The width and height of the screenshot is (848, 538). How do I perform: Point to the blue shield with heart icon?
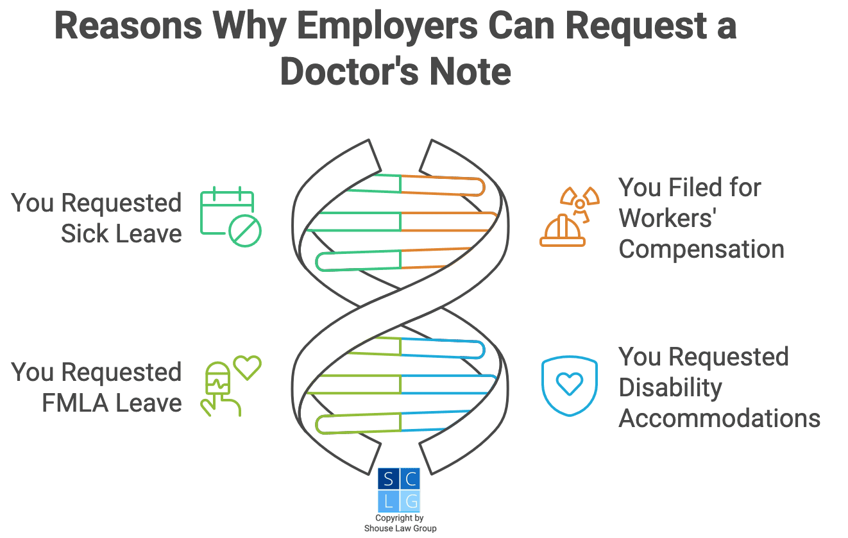pos(569,384)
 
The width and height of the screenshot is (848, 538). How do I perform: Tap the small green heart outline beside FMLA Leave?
pos(247,367)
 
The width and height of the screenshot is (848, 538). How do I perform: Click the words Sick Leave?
pos(121,234)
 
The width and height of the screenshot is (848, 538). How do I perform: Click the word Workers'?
pos(667,218)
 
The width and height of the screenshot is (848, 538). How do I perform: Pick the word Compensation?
pos(701,249)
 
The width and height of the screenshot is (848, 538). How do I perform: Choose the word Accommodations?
pos(719,418)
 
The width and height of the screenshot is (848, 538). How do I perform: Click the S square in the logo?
pos(387,479)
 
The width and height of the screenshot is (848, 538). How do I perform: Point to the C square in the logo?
pos(410,479)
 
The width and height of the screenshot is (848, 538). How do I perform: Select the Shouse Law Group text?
pos(400,528)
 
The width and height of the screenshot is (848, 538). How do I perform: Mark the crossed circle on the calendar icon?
pos(245,231)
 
